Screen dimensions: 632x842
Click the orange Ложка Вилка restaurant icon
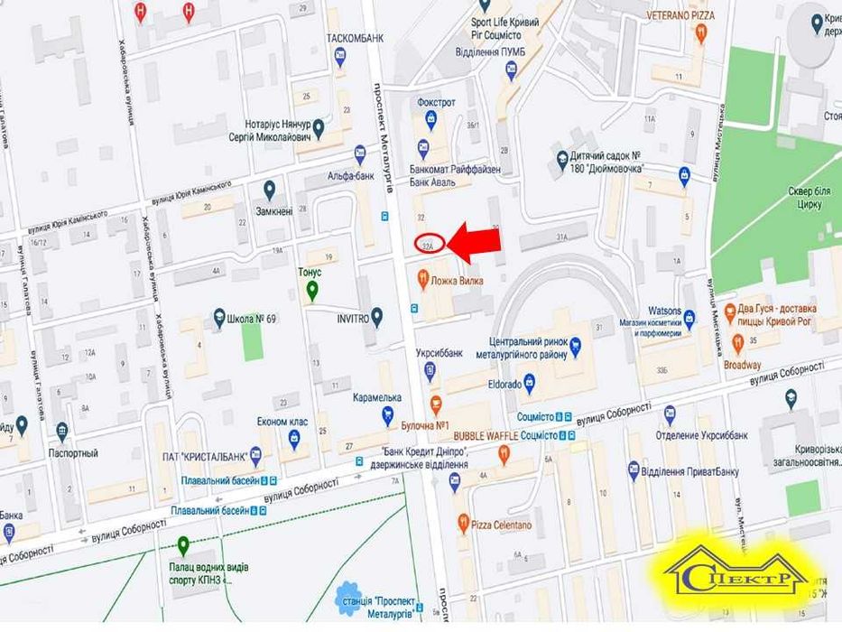422,281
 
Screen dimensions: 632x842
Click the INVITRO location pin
377,316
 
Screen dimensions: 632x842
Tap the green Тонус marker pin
312,291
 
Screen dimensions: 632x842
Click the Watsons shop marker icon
689,317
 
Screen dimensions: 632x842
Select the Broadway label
742,366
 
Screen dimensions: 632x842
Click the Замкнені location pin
269,190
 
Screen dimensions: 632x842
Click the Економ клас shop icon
293,438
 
